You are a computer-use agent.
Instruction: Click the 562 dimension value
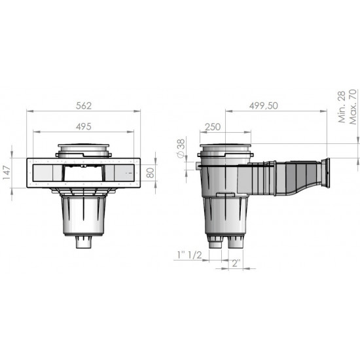tap(83, 104)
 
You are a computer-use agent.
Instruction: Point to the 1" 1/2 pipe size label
tap(190, 254)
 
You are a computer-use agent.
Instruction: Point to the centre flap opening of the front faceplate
tap(82, 173)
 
